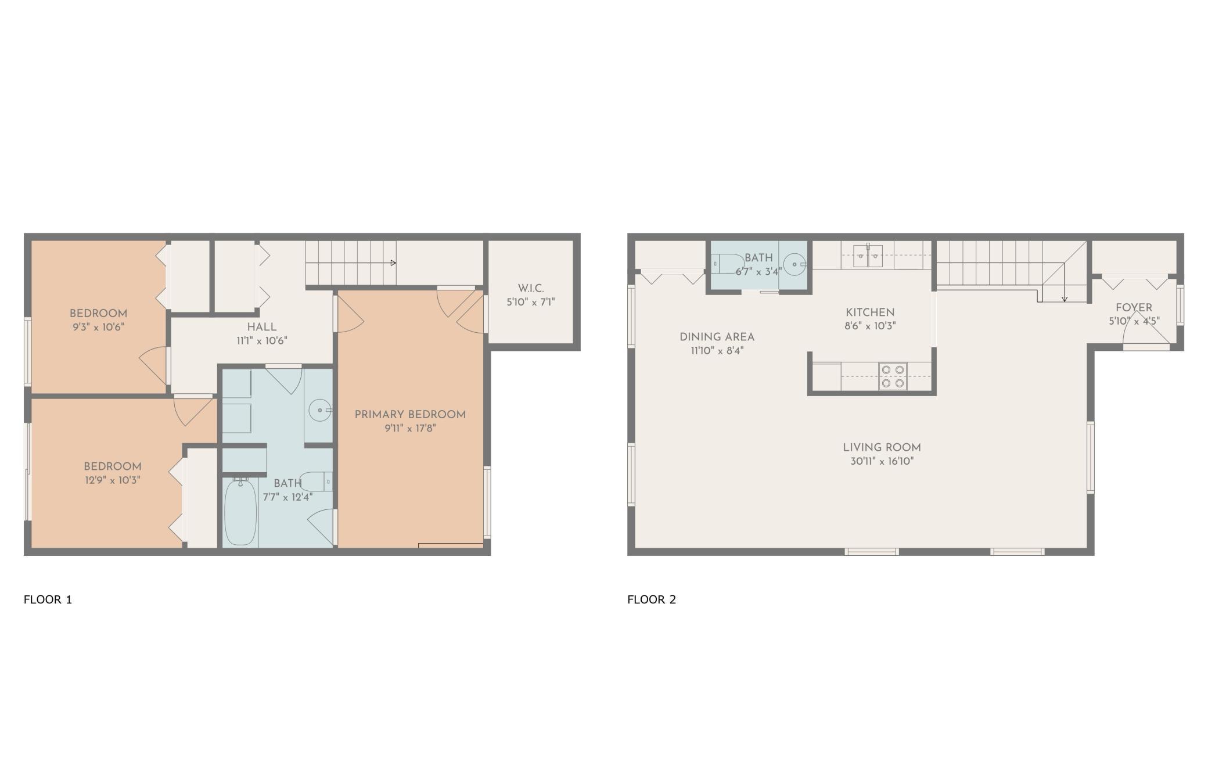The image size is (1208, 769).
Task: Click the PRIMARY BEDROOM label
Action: (410, 415)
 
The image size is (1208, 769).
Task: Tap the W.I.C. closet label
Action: (531, 288)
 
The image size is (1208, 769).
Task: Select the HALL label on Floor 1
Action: (262, 327)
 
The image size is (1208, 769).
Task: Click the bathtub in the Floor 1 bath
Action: (240, 511)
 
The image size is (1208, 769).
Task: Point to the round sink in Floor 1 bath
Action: (319, 410)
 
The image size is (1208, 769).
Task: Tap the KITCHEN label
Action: (870, 312)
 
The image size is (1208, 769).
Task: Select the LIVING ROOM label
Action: (882, 448)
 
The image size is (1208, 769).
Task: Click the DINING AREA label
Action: (717, 337)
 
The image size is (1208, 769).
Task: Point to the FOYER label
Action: (1134, 308)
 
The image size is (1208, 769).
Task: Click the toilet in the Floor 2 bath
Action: (727, 263)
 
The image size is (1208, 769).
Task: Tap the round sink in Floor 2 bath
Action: (794, 264)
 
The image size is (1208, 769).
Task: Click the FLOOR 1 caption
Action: (48, 599)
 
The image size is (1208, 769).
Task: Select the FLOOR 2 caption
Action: (652, 599)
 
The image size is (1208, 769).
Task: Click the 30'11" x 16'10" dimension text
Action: (882, 462)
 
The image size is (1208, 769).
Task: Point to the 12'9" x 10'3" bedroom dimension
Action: (112, 480)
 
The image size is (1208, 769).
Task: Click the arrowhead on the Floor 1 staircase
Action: (393, 263)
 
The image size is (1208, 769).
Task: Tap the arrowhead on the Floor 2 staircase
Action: (1065, 299)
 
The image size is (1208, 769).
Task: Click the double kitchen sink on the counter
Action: (868, 256)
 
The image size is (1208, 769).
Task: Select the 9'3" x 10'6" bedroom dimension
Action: (98, 327)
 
